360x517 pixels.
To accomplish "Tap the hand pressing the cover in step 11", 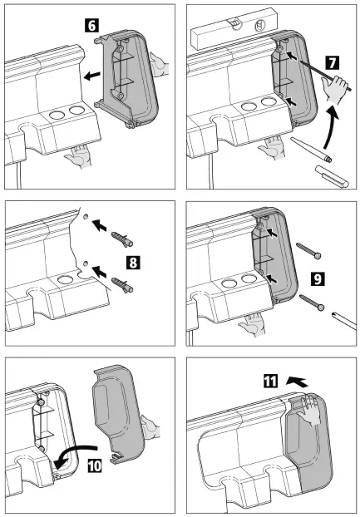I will click(x=312, y=408).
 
